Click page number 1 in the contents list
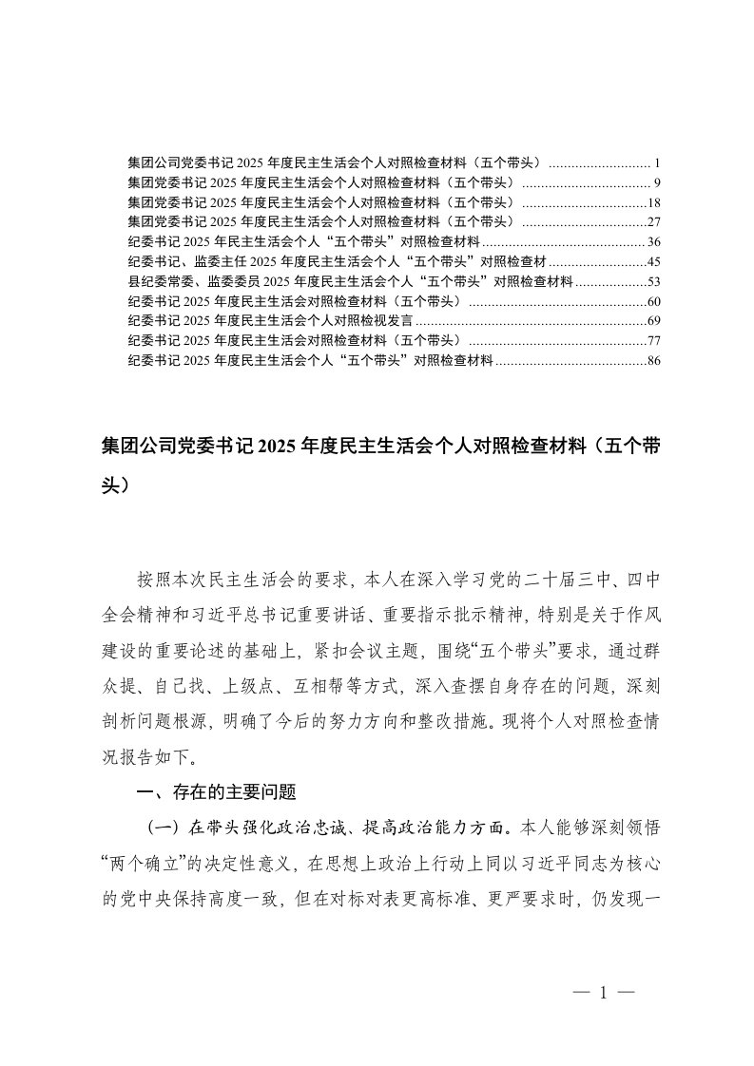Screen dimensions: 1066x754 645,162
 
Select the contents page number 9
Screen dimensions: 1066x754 645,182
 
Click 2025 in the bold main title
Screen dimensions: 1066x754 277,445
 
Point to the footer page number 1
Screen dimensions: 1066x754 603,993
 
